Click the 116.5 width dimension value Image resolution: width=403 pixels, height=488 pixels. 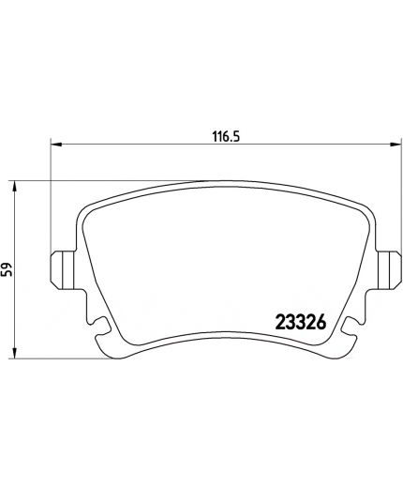pyautogui.click(x=226, y=137)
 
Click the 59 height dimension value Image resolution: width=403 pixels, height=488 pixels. pyautogui.click(x=7, y=269)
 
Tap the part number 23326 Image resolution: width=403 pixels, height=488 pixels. pyautogui.click(x=301, y=322)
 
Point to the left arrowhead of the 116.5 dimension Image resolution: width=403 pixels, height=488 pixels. pyautogui.click(x=56, y=145)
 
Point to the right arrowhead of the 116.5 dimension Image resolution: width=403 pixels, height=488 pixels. pyautogui.click(x=395, y=145)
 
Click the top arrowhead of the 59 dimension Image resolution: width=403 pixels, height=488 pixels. pyautogui.click(x=14, y=187)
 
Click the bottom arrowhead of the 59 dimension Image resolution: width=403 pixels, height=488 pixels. pyautogui.click(x=14, y=353)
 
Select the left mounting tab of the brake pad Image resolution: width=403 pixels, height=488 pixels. pyautogui.click(x=63, y=270)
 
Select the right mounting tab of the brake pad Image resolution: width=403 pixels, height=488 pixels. pyautogui.click(x=389, y=270)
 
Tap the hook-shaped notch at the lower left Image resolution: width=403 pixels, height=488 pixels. pyautogui.click(x=100, y=326)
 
